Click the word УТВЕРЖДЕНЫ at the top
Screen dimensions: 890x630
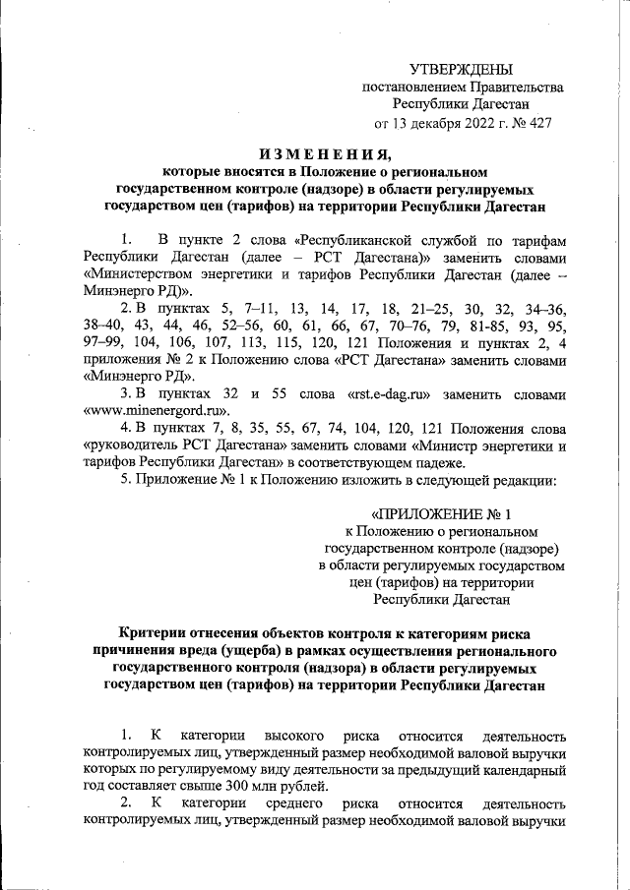click(x=462, y=69)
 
